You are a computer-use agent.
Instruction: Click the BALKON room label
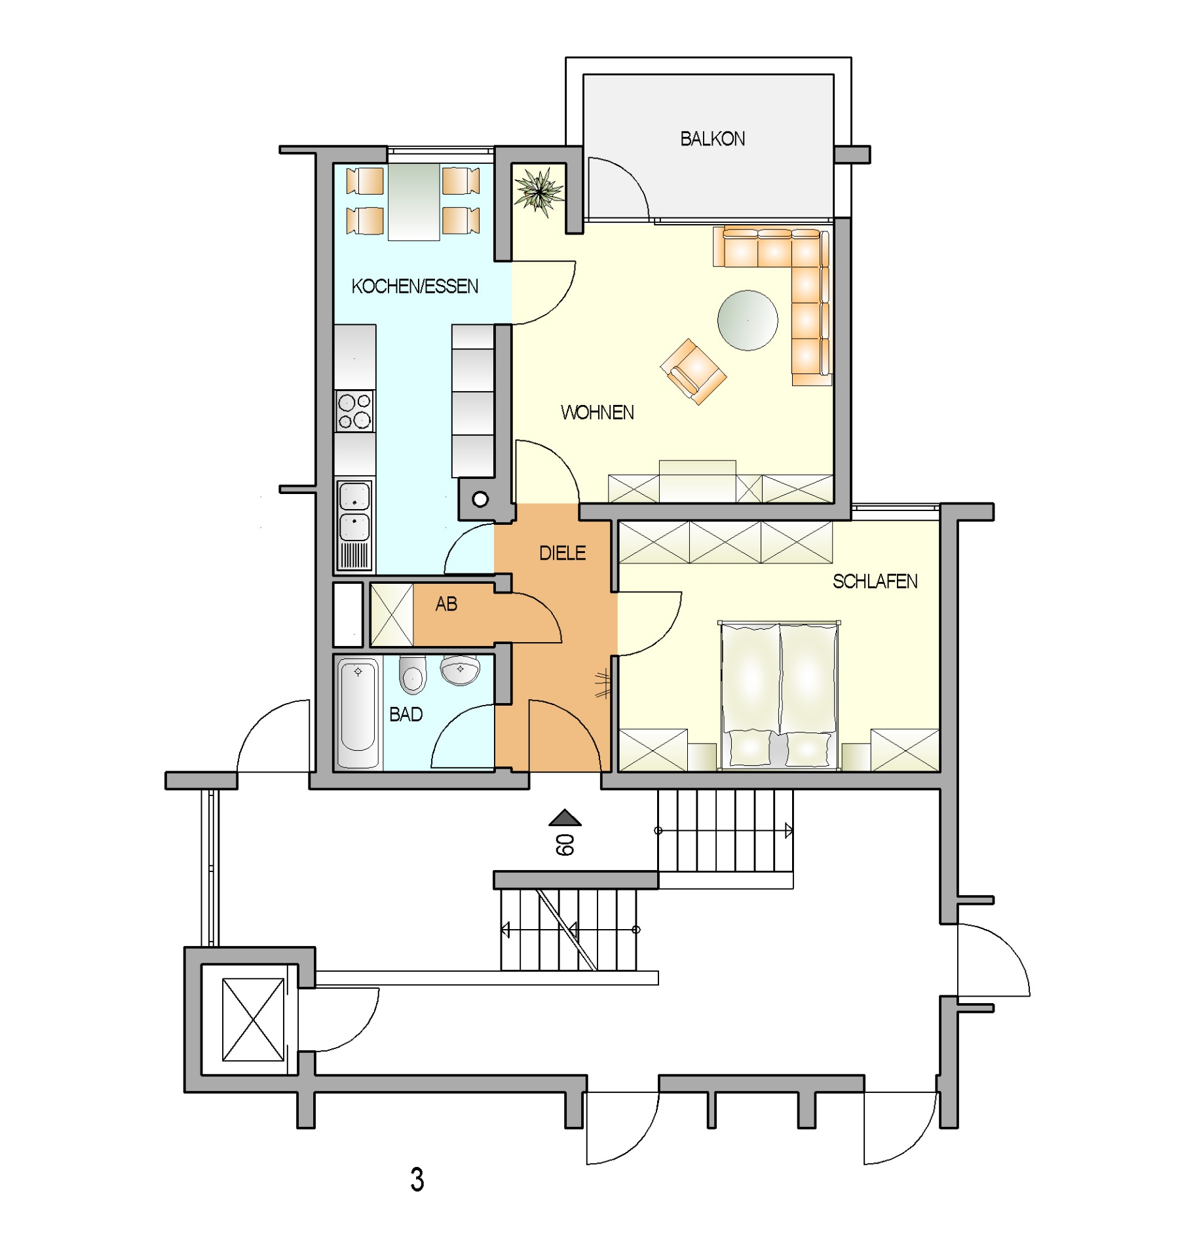[x=712, y=139]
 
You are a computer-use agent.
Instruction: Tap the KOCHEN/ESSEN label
[x=415, y=286]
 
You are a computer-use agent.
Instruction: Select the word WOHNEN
[x=597, y=413]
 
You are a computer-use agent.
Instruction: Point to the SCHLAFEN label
[x=875, y=581]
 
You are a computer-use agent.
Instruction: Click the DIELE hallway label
[x=562, y=553]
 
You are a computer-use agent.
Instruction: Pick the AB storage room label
[x=446, y=604]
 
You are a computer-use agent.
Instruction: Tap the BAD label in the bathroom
[x=406, y=714]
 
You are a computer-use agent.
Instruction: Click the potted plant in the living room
[x=539, y=191]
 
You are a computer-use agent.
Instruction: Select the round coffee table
[x=748, y=320]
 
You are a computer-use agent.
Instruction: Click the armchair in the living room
[x=693, y=372]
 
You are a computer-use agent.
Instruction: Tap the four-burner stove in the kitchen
[x=354, y=411]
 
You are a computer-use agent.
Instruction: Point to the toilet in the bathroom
[x=413, y=674]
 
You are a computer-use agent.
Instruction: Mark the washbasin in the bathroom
[x=461, y=670]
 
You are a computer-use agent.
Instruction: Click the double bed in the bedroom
[x=779, y=695]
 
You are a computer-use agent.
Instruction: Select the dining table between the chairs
[x=413, y=202]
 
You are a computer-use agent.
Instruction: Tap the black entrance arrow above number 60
[x=565, y=818]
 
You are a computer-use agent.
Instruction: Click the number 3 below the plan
[x=417, y=1179]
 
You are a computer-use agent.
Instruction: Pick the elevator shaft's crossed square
[x=253, y=1020]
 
